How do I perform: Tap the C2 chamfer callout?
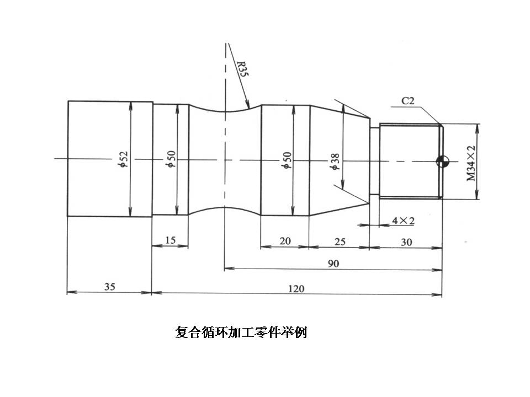(408, 100)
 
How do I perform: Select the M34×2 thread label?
(470, 164)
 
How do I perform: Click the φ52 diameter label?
(125, 159)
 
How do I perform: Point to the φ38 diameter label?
(336, 160)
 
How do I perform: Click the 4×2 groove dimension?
(403, 221)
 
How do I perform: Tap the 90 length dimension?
(333, 264)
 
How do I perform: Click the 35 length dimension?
(109, 287)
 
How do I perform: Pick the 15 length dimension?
(170, 240)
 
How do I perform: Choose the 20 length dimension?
(285, 240)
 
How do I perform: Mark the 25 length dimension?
(339, 240)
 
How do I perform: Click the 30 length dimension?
(406, 240)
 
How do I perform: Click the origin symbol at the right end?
(442, 161)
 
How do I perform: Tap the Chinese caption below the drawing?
(241, 333)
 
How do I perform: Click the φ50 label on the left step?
(172, 159)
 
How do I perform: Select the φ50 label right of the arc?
(286, 159)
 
